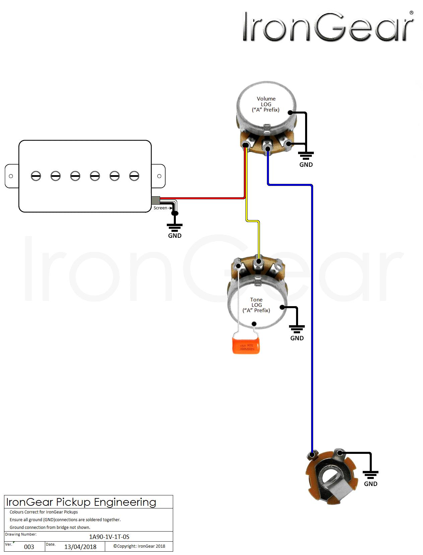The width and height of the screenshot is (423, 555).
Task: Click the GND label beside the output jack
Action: [x=370, y=484]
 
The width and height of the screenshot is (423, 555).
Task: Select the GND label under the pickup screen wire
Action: [x=174, y=235]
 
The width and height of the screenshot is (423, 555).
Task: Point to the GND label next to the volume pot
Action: [x=306, y=164]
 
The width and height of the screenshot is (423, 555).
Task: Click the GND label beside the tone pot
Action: [x=297, y=338]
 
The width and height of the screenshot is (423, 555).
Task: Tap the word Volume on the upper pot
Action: [x=266, y=98]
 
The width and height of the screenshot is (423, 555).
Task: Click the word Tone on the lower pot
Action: [x=256, y=299]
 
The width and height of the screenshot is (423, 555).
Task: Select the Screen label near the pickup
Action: [x=160, y=208]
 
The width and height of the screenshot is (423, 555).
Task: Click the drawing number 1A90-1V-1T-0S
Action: [x=109, y=537]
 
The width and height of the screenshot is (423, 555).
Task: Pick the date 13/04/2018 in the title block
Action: [x=80, y=547]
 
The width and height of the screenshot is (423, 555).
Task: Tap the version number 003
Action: [x=29, y=547]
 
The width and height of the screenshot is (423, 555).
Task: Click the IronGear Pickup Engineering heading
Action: [x=81, y=502]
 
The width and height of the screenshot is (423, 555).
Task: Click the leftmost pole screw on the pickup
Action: [x=36, y=176]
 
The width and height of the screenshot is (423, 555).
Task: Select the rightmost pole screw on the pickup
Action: [x=134, y=176]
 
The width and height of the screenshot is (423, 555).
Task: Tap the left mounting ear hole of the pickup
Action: [x=11, y=176]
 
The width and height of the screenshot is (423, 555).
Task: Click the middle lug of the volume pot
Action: [x=267, y=148]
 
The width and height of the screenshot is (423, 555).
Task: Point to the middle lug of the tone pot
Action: [x=258, y=262]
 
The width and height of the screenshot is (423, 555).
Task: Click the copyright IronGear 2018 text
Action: [x=139, y=546]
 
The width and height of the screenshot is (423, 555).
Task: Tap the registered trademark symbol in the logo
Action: [x=411, y=13]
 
